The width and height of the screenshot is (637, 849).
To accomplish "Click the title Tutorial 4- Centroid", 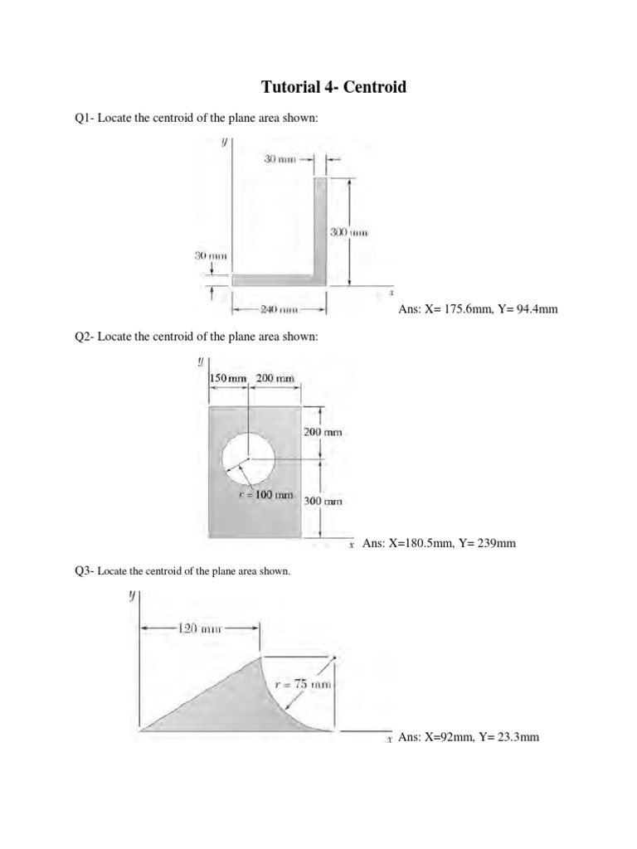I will tap(334, 87).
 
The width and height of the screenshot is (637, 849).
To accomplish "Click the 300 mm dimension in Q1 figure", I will tap(348, 233).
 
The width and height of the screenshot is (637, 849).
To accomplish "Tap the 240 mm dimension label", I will tap(279, 310).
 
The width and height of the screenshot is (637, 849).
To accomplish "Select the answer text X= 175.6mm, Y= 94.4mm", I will tap(479, 309).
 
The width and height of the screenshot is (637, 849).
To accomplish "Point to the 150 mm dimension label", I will tap(229, 378).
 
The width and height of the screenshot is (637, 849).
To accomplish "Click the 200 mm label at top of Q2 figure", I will tap(275, 378).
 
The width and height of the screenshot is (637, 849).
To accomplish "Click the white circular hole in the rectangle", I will tap(248, 458).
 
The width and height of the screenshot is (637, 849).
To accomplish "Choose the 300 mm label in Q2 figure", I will tap(323, 501).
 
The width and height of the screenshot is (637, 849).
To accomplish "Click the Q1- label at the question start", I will tap(85, 119).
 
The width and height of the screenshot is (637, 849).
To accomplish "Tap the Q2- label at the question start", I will tap(85, 337).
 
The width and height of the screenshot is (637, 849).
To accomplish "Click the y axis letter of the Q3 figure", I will tap(131, 596).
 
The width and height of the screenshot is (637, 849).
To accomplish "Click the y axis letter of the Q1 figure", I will tap(224, 143).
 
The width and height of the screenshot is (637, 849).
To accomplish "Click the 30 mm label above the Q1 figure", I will tap(280, 158).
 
